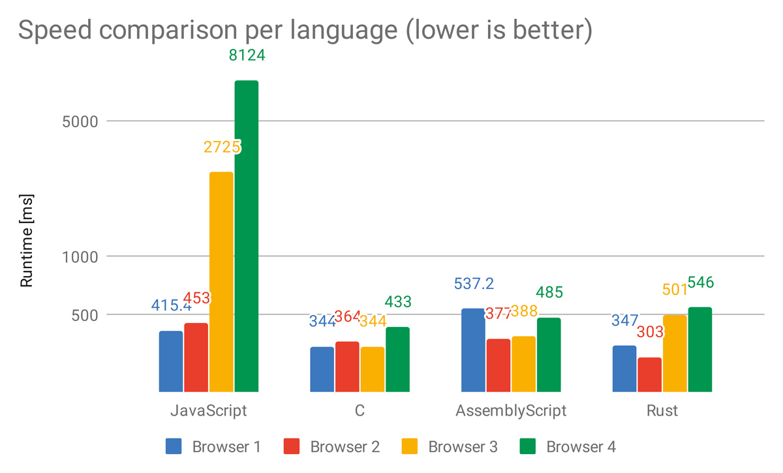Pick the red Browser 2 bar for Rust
point(649,374)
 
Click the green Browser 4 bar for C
point(397,359)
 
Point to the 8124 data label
point(247,55)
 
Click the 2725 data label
point(222,147)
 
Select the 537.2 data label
point(474,284)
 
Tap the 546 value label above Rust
point(700,283)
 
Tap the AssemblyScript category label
point(511,411)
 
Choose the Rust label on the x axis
point(662,411)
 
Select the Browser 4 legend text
point(581,447)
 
